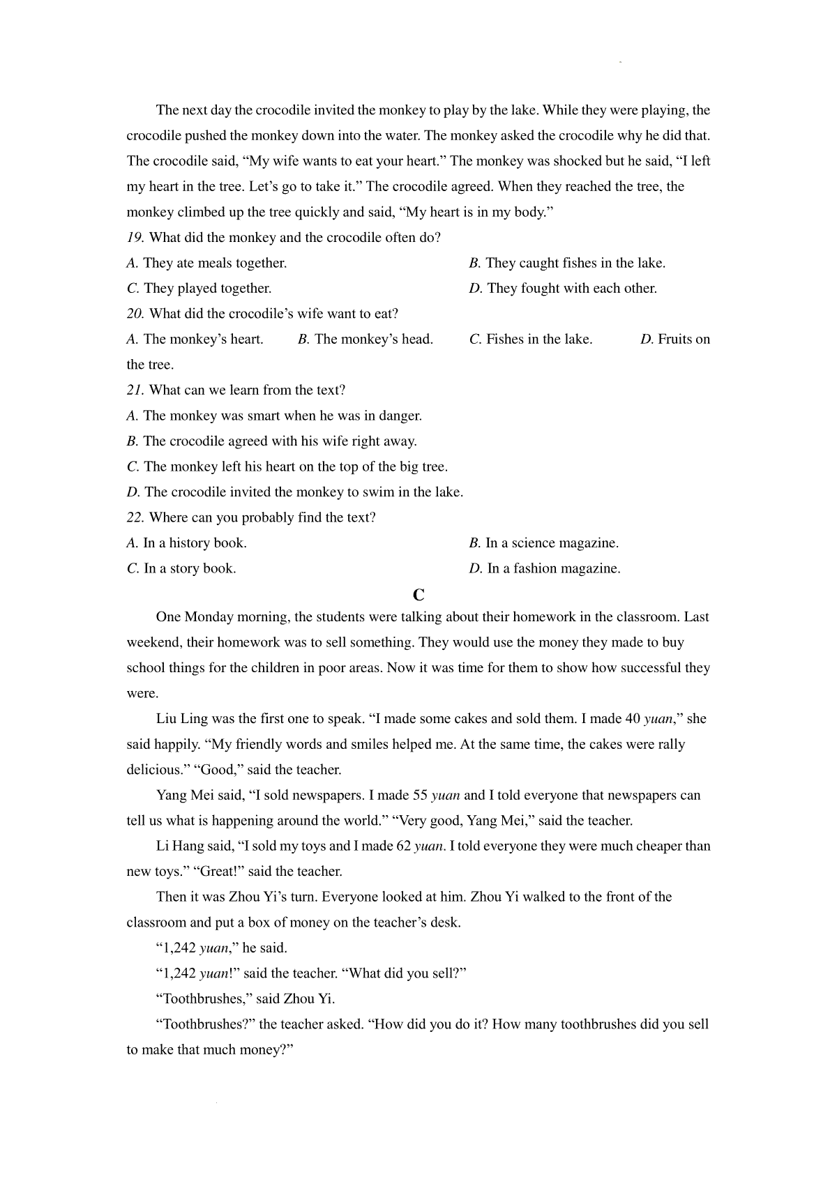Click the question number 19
click(x=135, y=238)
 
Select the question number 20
click(x=135, y=314)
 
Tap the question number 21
click(x=135, y=390)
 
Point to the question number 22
click(x=135, y=517)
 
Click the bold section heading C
click(x=418, y=595)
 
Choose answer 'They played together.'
click(x=207, y=289)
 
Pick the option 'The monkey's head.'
click(x=374, y=340)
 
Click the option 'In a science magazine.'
click(x=552, y=543)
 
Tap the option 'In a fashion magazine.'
click(x=553, y=569)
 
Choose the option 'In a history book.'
click(x=195, y=543)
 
